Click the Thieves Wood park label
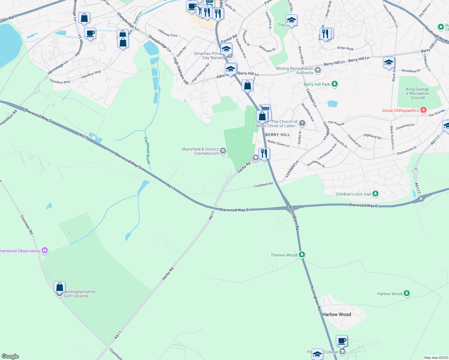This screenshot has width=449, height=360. (x=284, y=255)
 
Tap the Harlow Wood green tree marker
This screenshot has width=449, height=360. (x=407, y=293)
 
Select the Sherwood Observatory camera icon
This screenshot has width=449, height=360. (x=45, y=250)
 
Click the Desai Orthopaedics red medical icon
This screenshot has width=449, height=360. (x=423, y=110)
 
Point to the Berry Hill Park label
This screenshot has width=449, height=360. (x=317, y=84)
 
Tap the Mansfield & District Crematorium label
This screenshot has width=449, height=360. (x=200, y=151)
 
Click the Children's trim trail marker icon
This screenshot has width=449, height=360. (x=375, y=194)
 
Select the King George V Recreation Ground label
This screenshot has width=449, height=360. (x=417, y=93)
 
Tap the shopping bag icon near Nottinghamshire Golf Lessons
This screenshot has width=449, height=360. (x=60, y=287)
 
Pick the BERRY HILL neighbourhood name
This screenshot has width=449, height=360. (x=278, y=135)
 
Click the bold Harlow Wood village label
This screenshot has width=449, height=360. (x=336, y=314)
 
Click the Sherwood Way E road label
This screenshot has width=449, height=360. (x=363, y=205)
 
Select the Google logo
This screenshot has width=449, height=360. (x=10, y=356)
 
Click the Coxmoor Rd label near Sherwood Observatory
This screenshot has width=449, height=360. (x=27, y=224)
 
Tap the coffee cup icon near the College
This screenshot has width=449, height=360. (x=342, y=341)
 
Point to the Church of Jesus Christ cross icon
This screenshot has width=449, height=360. (x=302, y=123)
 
